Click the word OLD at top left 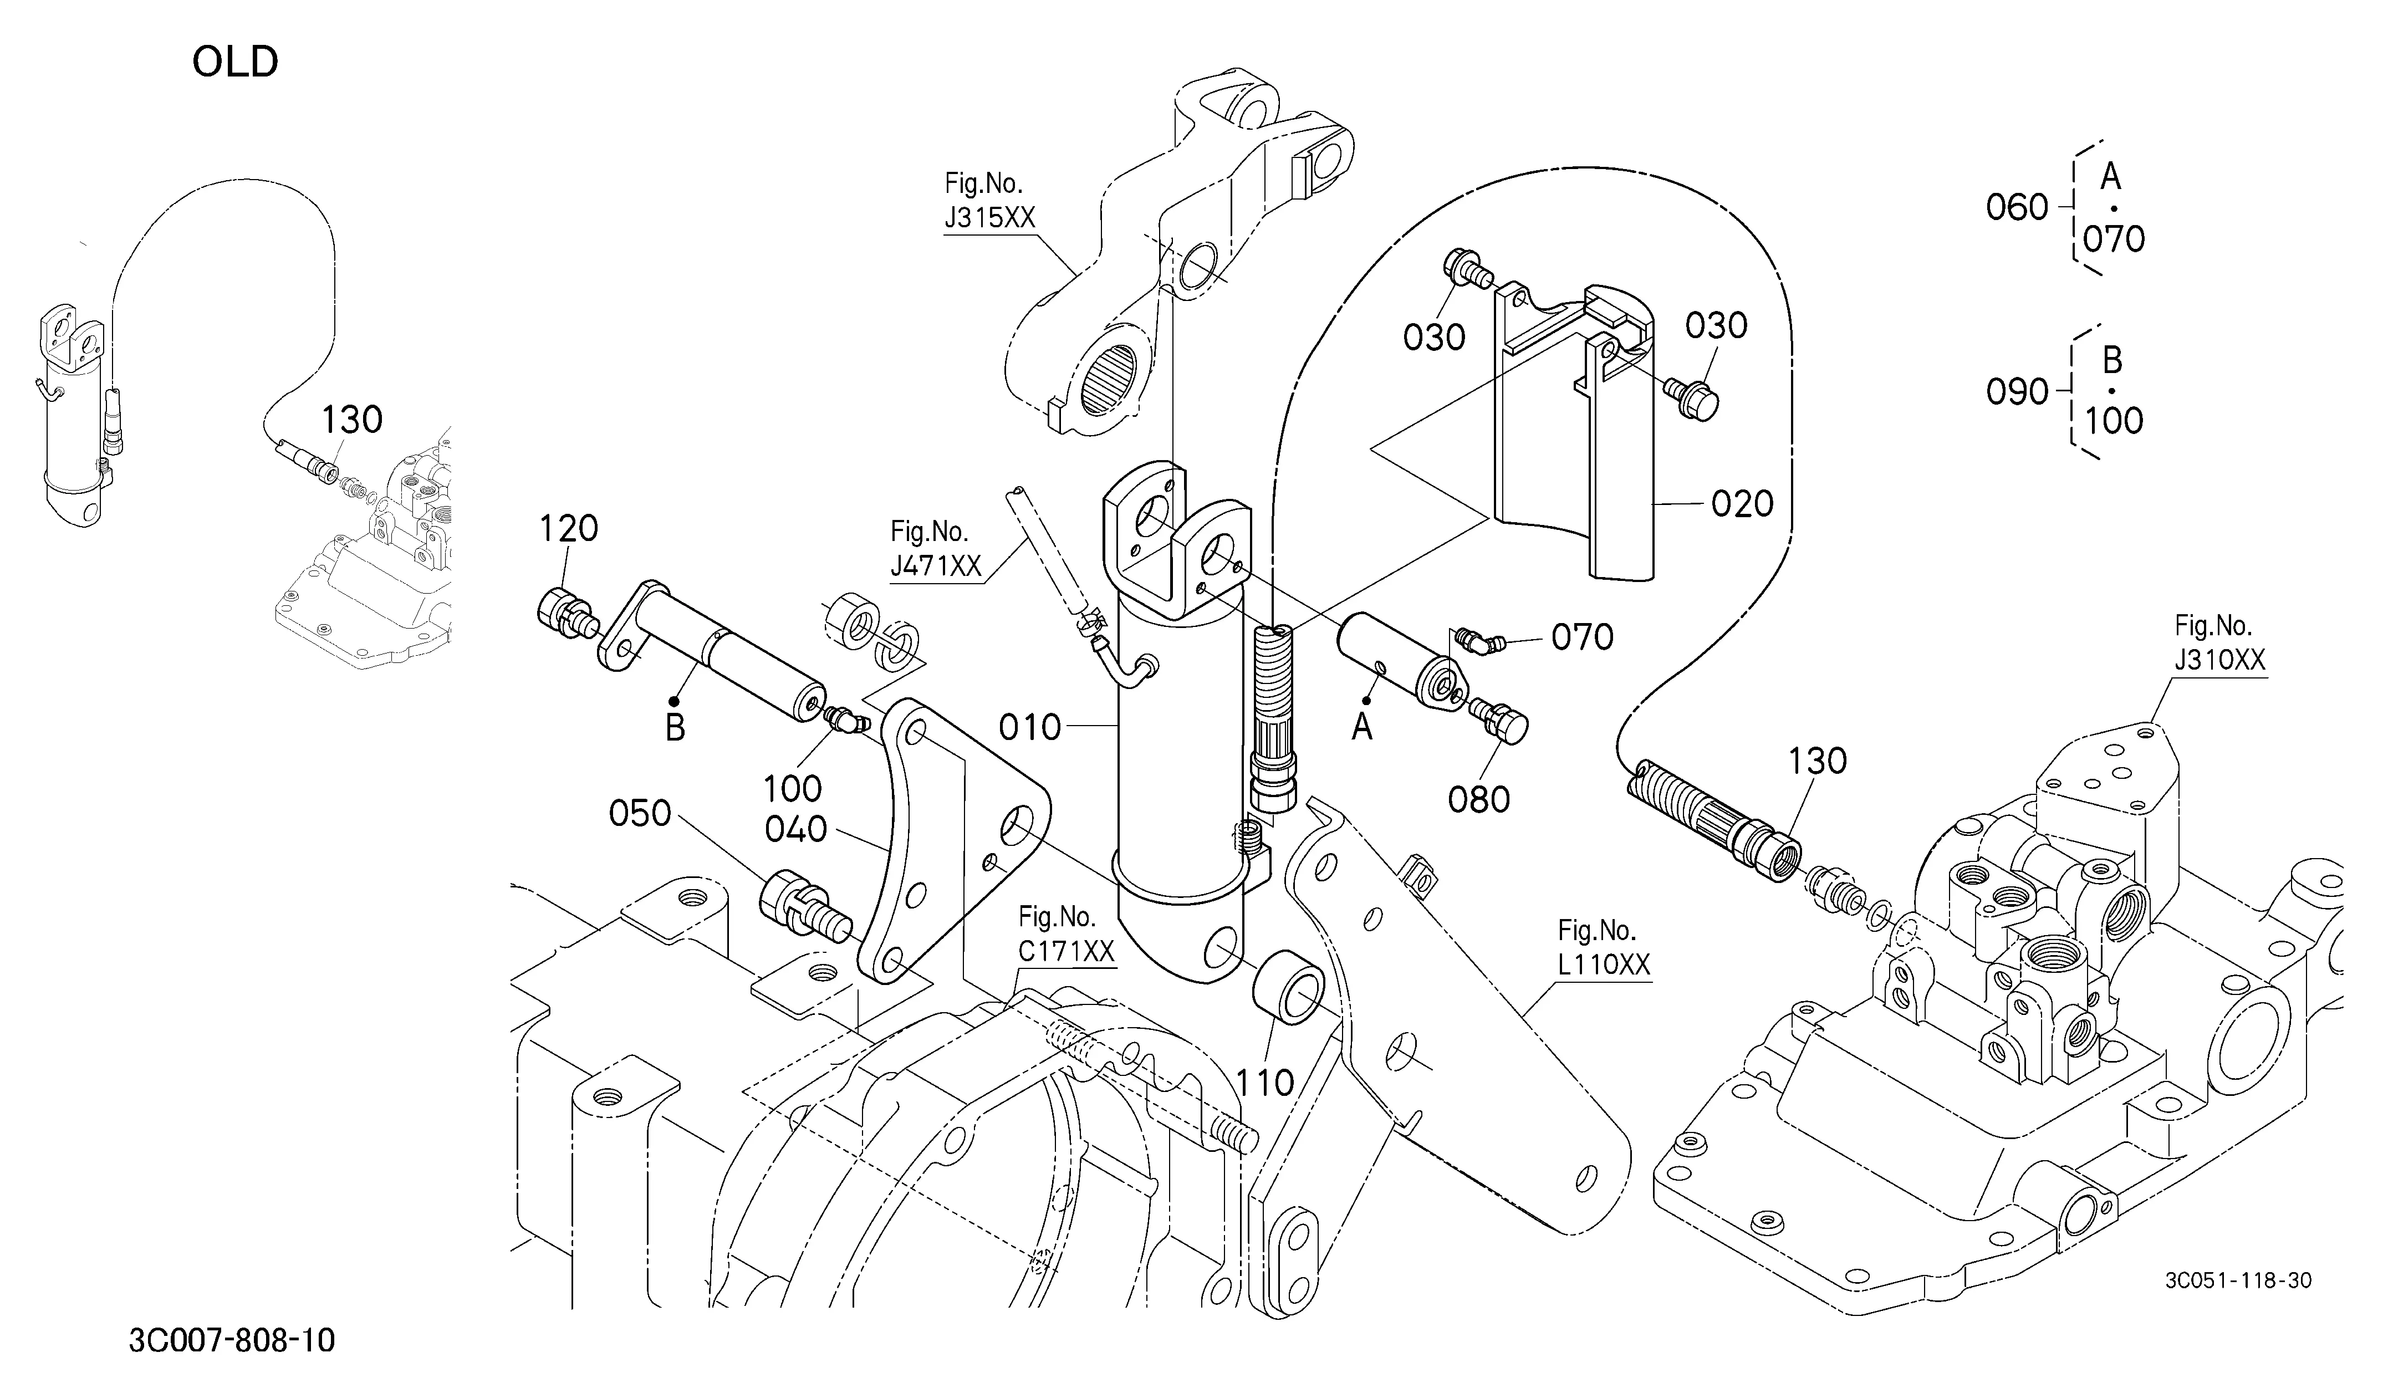coord(236,63)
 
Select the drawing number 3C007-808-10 coord(232,1341)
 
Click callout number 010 coord(1030,727)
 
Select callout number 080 coord(1479,800)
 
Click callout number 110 coord(1266,1083)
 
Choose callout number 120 coord(568,528)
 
